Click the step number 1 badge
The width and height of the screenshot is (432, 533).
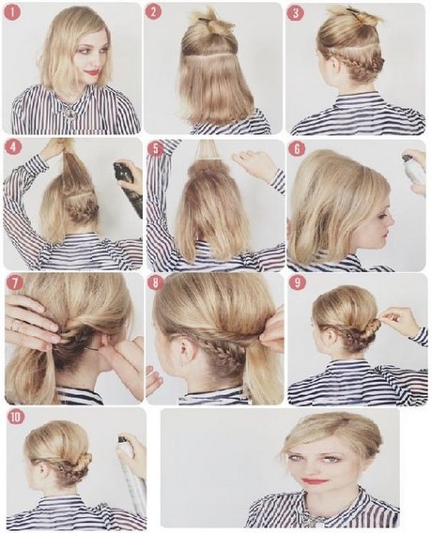[13, 12]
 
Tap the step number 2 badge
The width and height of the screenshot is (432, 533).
[153, 12]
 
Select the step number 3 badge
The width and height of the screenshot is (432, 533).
[295, 13]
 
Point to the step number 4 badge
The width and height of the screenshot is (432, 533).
[12, 148]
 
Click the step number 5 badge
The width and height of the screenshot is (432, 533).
[155, 150]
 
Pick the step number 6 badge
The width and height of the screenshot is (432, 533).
[297, 149]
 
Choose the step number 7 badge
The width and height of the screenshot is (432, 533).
[13, 283]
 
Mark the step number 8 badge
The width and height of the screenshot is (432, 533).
[156, 283]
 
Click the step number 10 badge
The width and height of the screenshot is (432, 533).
[16, 418]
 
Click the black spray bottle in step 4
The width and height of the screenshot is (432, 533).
[128, 190]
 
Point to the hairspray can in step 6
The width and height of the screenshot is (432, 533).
[414, 170]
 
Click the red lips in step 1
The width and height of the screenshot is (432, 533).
[94, 72]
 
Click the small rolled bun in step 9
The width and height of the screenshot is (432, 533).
[373, 327]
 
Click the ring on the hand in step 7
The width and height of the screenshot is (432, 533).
[16, 327]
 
